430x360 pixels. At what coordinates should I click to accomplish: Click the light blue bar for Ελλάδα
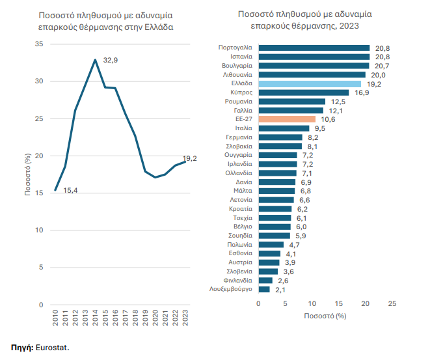coord(310,84)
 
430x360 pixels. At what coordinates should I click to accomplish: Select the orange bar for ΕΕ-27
coord(287,119)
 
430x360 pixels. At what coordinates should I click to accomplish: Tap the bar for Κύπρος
coord(304,92)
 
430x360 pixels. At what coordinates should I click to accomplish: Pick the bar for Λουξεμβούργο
coord(264,289)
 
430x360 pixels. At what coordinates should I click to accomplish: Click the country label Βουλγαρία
coord(237,66)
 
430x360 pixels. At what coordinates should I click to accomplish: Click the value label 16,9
coord(362,92)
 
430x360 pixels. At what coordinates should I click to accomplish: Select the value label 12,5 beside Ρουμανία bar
coord(338,102)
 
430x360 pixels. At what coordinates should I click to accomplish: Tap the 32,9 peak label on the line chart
coord(111,60)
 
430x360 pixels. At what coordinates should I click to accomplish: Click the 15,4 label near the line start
coord(71,189)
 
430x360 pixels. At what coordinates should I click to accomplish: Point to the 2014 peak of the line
coord(96,60)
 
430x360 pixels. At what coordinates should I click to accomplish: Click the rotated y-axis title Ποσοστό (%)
coord(27,174)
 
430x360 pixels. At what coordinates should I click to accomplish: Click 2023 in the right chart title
coord(349,25)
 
